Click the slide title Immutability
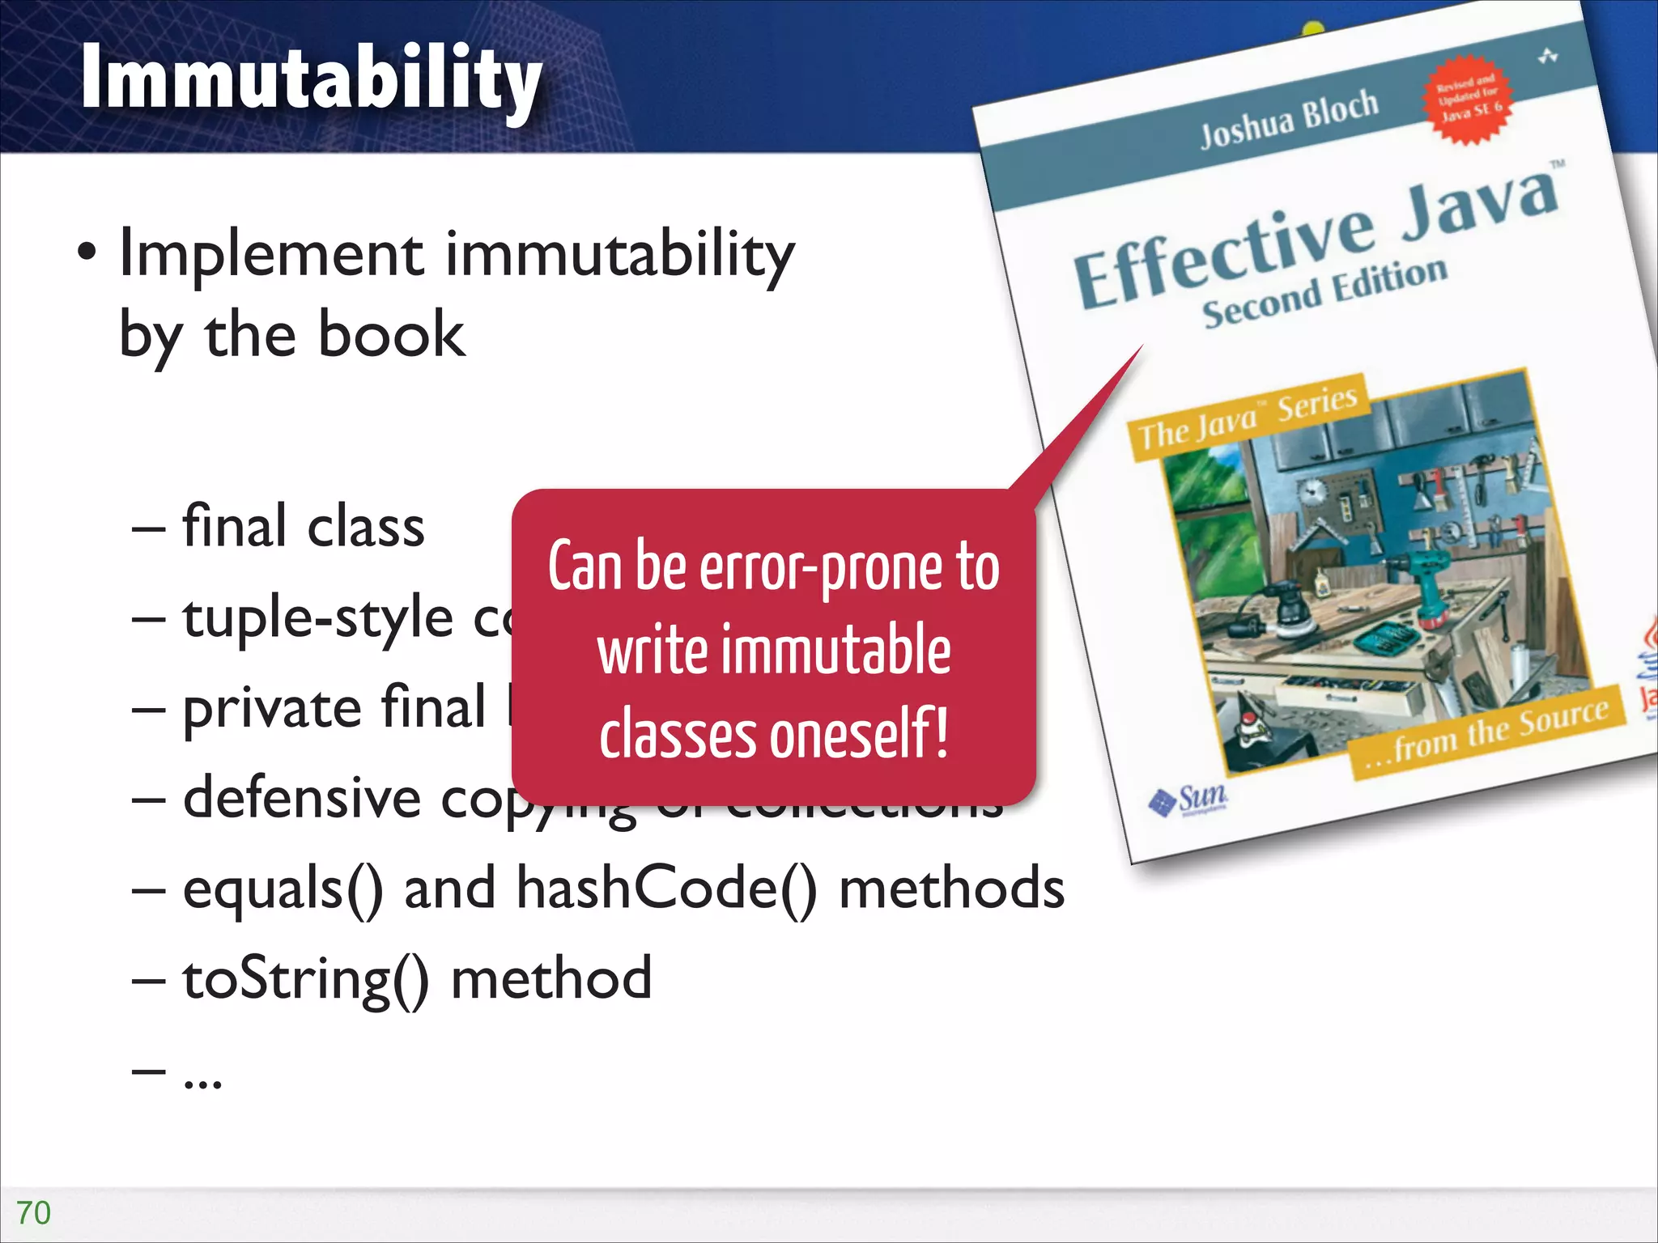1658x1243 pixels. (311, 79)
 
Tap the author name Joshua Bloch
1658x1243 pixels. (1288, 119)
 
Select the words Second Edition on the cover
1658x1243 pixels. (1324, 292)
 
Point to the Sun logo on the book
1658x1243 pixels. (1190, 800)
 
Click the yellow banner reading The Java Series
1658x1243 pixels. (1248, 416)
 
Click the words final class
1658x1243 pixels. (304, 527)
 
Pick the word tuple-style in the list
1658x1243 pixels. (317, 618)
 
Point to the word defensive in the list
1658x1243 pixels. (302, 798)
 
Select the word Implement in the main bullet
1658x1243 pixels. (272, 254)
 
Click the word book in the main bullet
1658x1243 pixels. (392, 335)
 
